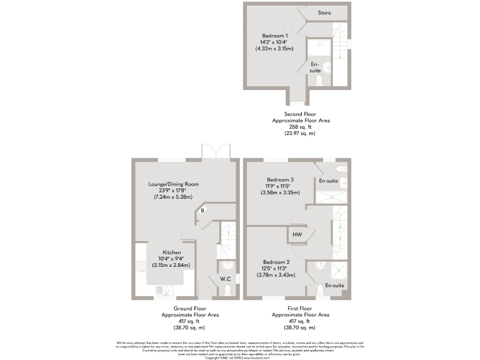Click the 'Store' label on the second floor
coord(324,12)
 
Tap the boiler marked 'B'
coord(202,211)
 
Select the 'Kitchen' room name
coord(172,252)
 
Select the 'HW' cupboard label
coord(297,235)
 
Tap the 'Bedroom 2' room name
coord(277,261)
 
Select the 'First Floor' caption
coord(301,309)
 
